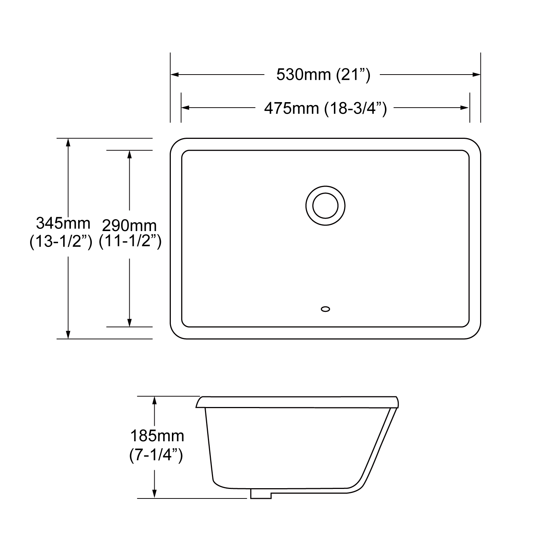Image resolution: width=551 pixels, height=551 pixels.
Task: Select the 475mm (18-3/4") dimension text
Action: coord(325,108)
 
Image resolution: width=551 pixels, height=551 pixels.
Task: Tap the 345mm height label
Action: coord(63,223)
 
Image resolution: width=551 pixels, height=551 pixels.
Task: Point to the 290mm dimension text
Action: coord(129,225)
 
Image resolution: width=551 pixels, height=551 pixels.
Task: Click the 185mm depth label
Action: coord(157,436)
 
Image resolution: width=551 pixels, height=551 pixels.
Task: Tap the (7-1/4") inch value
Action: coord(156,455)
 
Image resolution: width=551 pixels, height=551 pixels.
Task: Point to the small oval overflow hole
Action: coord(325,309)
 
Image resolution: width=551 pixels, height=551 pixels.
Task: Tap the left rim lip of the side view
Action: coord(199,403)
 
